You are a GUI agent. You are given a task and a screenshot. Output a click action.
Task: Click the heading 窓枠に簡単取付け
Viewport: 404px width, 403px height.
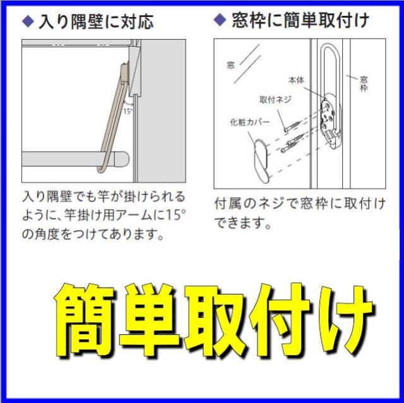pos(299,21)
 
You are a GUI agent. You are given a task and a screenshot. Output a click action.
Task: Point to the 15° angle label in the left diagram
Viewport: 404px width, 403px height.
pos(128,111)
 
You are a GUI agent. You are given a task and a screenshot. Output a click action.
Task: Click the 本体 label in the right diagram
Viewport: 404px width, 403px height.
pos(297,80)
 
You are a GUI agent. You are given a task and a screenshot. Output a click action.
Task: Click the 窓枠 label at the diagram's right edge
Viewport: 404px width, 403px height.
pos(363,84)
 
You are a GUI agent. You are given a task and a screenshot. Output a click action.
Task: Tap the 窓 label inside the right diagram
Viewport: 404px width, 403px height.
pos(230,64)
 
